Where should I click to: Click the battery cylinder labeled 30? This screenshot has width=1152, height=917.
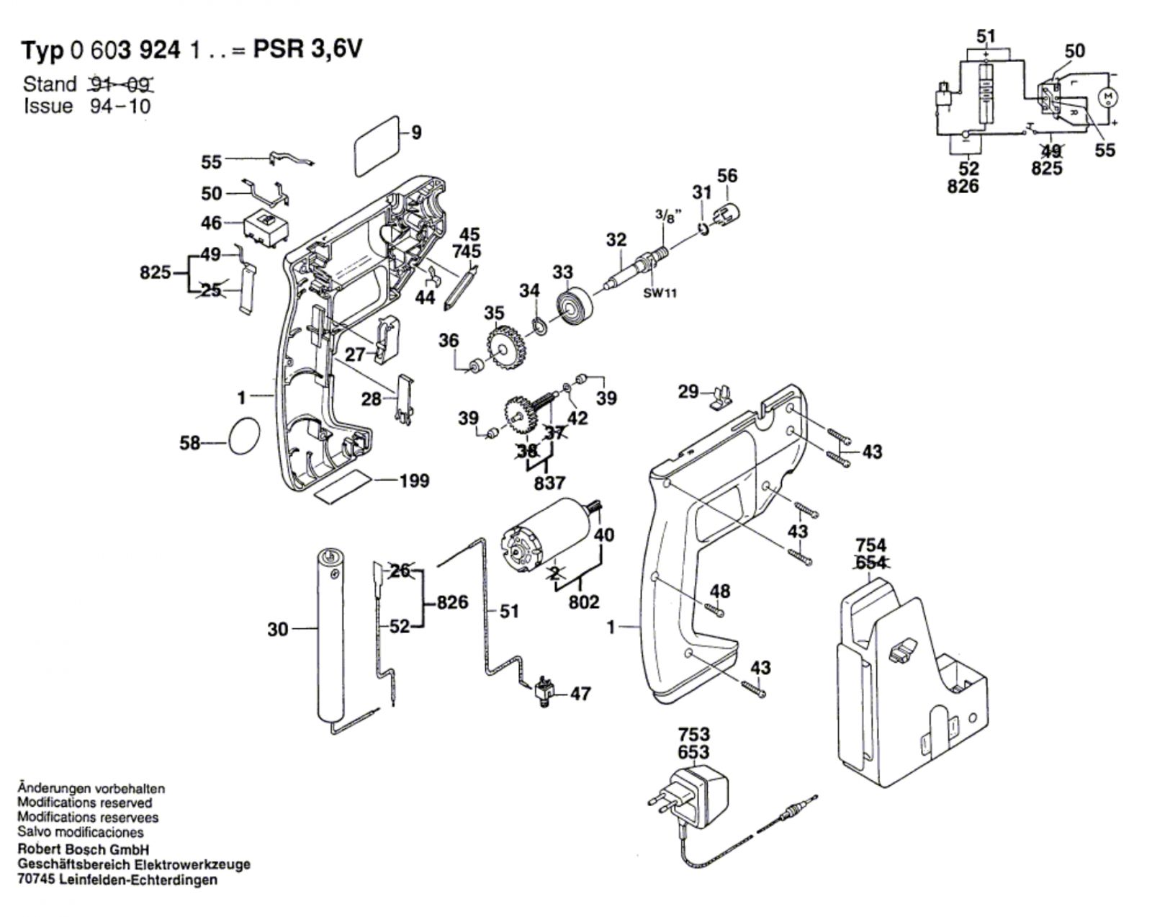point(330,634)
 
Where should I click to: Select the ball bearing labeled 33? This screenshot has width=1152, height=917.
point(574,306)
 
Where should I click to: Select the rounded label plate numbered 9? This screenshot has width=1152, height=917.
point(377,146)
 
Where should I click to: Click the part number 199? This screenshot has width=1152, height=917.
point(414,480)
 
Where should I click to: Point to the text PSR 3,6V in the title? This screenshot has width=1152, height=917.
point(307,50)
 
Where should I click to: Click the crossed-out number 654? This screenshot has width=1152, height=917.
point(871,563)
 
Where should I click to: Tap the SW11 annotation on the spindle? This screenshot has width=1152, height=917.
point(660,293)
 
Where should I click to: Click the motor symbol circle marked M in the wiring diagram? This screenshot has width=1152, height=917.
point(1108,97)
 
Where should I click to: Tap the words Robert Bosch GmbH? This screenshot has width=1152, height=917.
point(84,849)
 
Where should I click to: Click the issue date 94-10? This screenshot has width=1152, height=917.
point(120,106)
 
